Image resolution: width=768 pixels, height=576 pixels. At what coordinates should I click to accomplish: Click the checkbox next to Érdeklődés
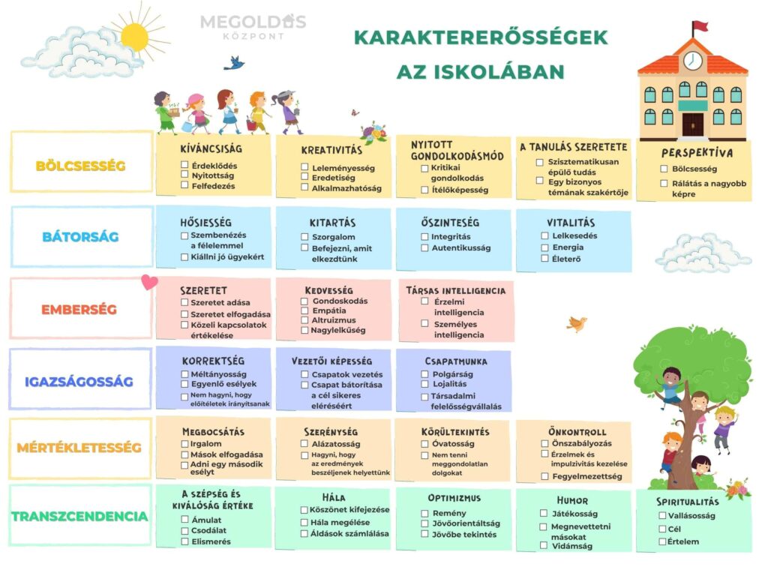[x=184, y=165]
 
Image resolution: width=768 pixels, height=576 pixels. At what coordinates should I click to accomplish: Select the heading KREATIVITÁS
[x=331, y=150]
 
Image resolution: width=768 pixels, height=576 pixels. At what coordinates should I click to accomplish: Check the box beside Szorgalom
[x=304, y=237]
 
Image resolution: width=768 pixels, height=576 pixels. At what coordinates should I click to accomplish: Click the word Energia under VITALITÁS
[x=567, y=247]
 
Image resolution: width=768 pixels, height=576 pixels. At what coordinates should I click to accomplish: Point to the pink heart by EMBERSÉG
[x=150, y=283]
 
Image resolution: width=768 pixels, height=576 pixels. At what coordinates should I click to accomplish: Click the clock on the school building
[x=692, y=60]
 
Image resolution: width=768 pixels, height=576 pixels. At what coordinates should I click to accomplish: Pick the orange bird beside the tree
[x=576, y=324]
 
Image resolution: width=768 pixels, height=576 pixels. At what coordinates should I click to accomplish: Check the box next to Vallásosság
[x=662, y=516]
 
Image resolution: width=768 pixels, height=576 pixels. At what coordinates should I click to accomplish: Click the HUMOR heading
[x=572, y=500]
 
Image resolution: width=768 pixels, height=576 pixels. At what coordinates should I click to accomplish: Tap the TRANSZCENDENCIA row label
[x=79, y=516]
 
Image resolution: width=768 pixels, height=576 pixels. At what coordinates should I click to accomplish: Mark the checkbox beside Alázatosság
[x=304, y=444]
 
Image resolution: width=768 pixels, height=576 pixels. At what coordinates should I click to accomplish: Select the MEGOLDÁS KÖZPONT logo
[x=253, y=26]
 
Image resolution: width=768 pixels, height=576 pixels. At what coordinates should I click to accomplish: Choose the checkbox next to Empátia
[x=304, y=311]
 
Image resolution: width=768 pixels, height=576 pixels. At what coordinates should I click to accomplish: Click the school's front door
[x=692, y=124]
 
